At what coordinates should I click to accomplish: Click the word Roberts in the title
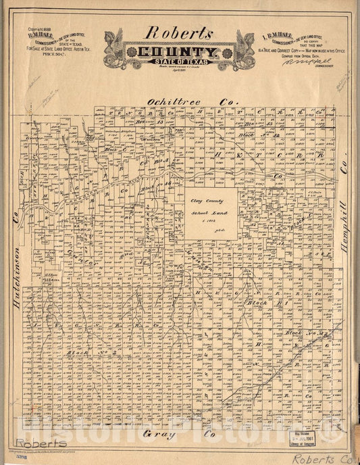click(179, 33)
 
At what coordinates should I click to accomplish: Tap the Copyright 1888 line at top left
click(39, 30)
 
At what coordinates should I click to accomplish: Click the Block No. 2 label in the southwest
click(83, 353)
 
